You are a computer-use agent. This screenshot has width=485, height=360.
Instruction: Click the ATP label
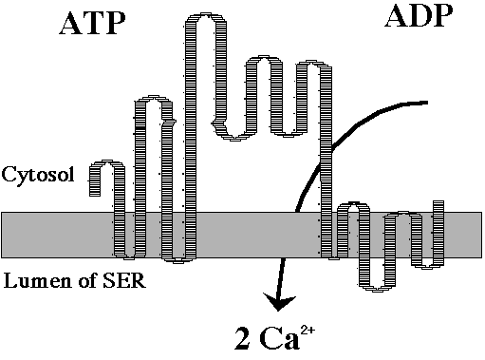point(92,24)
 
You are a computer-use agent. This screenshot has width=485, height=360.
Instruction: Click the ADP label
point(419,16)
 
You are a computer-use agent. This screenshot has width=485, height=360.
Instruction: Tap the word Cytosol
point(38,175)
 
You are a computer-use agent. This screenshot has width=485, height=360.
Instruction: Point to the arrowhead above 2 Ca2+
point(279,303)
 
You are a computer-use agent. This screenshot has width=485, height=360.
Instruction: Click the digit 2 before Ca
point(243,339)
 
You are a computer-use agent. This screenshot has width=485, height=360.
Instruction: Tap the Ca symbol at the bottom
point(279,339)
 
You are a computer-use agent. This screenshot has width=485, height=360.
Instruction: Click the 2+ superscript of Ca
point(308,331)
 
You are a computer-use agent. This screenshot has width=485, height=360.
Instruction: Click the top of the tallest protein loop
point(206,16)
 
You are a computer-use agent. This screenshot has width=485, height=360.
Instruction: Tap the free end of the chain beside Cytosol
point(95,193)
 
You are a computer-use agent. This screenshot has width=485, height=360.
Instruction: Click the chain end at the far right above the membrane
point(438,202)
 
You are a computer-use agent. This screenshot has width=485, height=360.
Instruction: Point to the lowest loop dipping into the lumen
point(377,288)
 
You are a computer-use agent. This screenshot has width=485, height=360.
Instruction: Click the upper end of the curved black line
point(427,103)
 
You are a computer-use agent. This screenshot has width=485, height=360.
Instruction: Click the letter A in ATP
point(71,24)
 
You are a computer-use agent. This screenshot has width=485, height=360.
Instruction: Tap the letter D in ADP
point(419,17)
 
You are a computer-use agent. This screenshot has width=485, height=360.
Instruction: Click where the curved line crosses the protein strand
point(326,156)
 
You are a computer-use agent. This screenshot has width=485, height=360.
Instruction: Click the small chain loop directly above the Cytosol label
point(107,164)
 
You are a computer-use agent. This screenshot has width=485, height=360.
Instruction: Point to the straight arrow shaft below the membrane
point(280,278)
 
